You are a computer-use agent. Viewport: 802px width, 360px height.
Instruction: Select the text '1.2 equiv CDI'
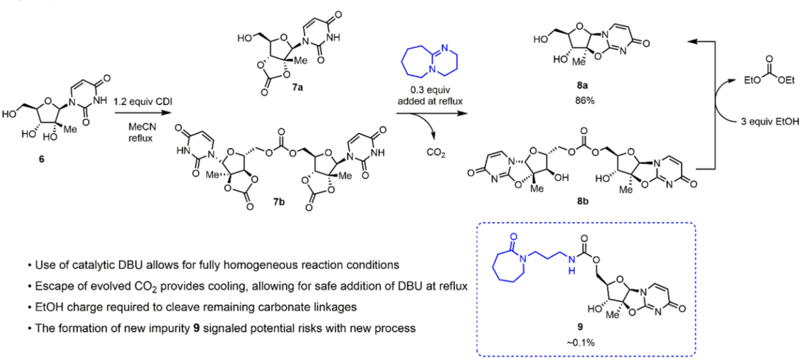141,101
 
